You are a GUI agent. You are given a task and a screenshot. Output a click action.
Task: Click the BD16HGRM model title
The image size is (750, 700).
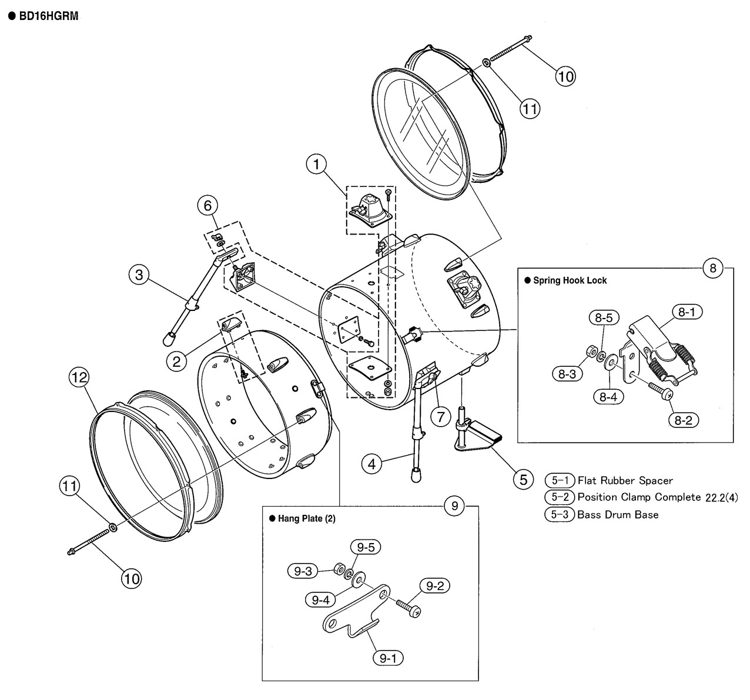point(49,16)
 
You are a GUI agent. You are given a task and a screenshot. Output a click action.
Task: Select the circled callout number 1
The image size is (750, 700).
point(316,165)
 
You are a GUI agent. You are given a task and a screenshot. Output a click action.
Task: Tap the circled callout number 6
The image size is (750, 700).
point(207,206)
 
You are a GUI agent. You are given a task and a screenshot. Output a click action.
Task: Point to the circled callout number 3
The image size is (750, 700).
point(139,274)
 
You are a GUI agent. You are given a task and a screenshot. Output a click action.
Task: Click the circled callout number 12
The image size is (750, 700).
point(79,377)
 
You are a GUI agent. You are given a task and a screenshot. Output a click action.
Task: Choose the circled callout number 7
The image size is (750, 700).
point(441,417)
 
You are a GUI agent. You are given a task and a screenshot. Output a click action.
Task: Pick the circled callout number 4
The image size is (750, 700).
point(372,464)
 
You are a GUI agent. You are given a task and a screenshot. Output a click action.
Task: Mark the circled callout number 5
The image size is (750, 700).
point(524,480)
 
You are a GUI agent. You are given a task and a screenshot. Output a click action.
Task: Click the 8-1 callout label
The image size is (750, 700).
point(687,312)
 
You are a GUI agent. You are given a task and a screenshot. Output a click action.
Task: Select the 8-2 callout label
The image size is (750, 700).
point(684,420)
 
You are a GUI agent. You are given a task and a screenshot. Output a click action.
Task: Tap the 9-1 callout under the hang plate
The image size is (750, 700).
point(388,658)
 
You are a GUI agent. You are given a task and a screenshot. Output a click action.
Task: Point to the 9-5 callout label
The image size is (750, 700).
point(366,547)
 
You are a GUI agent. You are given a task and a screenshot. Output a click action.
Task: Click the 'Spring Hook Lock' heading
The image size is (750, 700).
point(570,280)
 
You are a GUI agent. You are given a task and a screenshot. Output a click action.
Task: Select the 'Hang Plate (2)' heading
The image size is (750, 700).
point(307,518)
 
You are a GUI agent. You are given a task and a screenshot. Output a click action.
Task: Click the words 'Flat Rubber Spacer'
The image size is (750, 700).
point(625,481)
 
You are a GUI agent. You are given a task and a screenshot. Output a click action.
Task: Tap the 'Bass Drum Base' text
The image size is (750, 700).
point(618,514)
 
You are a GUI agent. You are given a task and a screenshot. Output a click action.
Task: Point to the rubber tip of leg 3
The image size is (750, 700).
point(169,339)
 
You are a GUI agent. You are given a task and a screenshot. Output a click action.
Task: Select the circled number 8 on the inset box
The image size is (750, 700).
point(713,268)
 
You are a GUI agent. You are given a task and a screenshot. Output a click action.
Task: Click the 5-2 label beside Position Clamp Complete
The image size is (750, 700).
point(560,497)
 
